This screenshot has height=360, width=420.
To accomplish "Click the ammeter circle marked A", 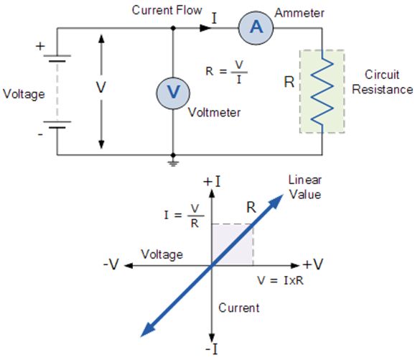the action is tap(256, 28).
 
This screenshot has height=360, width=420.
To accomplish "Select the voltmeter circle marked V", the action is tap(173, 93).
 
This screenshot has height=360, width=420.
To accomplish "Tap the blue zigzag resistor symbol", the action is tap(322, 91).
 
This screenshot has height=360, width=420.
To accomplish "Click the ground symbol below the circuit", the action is tap(173, 162).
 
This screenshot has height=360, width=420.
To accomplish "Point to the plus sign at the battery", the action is tap(40, 47).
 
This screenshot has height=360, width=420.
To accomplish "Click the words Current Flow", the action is tap(167, 11).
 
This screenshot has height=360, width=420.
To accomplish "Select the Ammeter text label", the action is tap(299, 13).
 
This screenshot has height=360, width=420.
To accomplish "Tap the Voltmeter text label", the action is tap(214, 112).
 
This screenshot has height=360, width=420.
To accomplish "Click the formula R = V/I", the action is tap(226, 72).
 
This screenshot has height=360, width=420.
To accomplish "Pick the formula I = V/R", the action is tap(184, 216).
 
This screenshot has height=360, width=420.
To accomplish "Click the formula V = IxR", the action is tap(281, 280).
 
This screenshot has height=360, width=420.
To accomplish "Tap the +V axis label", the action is tap(313, 264).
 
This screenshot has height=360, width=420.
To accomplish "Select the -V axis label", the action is tap(111, 264).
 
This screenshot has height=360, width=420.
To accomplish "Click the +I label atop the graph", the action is tap(212, 182).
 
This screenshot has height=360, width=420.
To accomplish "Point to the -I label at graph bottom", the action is tap(212, 349).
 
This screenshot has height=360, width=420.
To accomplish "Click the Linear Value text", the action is tap(305, 187).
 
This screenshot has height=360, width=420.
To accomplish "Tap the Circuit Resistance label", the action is tap(382, 82).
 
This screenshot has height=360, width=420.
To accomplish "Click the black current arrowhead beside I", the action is tap(205, 28).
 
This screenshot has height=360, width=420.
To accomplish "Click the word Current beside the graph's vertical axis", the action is tap(238, 308).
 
